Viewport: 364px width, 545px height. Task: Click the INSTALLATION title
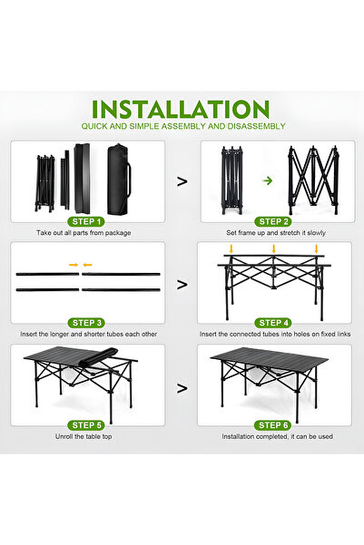point(182,109)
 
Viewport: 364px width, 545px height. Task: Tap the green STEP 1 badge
point(87,221)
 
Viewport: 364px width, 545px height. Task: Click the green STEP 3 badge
point(87,322)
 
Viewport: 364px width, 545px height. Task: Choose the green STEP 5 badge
point(87,424)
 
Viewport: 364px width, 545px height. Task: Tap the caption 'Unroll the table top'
point(87,437)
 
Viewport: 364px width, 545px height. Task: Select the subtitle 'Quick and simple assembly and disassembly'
point(182,126)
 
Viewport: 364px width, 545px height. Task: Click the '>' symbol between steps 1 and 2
point(182,181)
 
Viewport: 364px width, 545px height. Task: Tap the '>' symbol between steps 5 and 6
point(182,388)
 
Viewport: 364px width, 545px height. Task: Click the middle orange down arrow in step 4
point(273,248)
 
